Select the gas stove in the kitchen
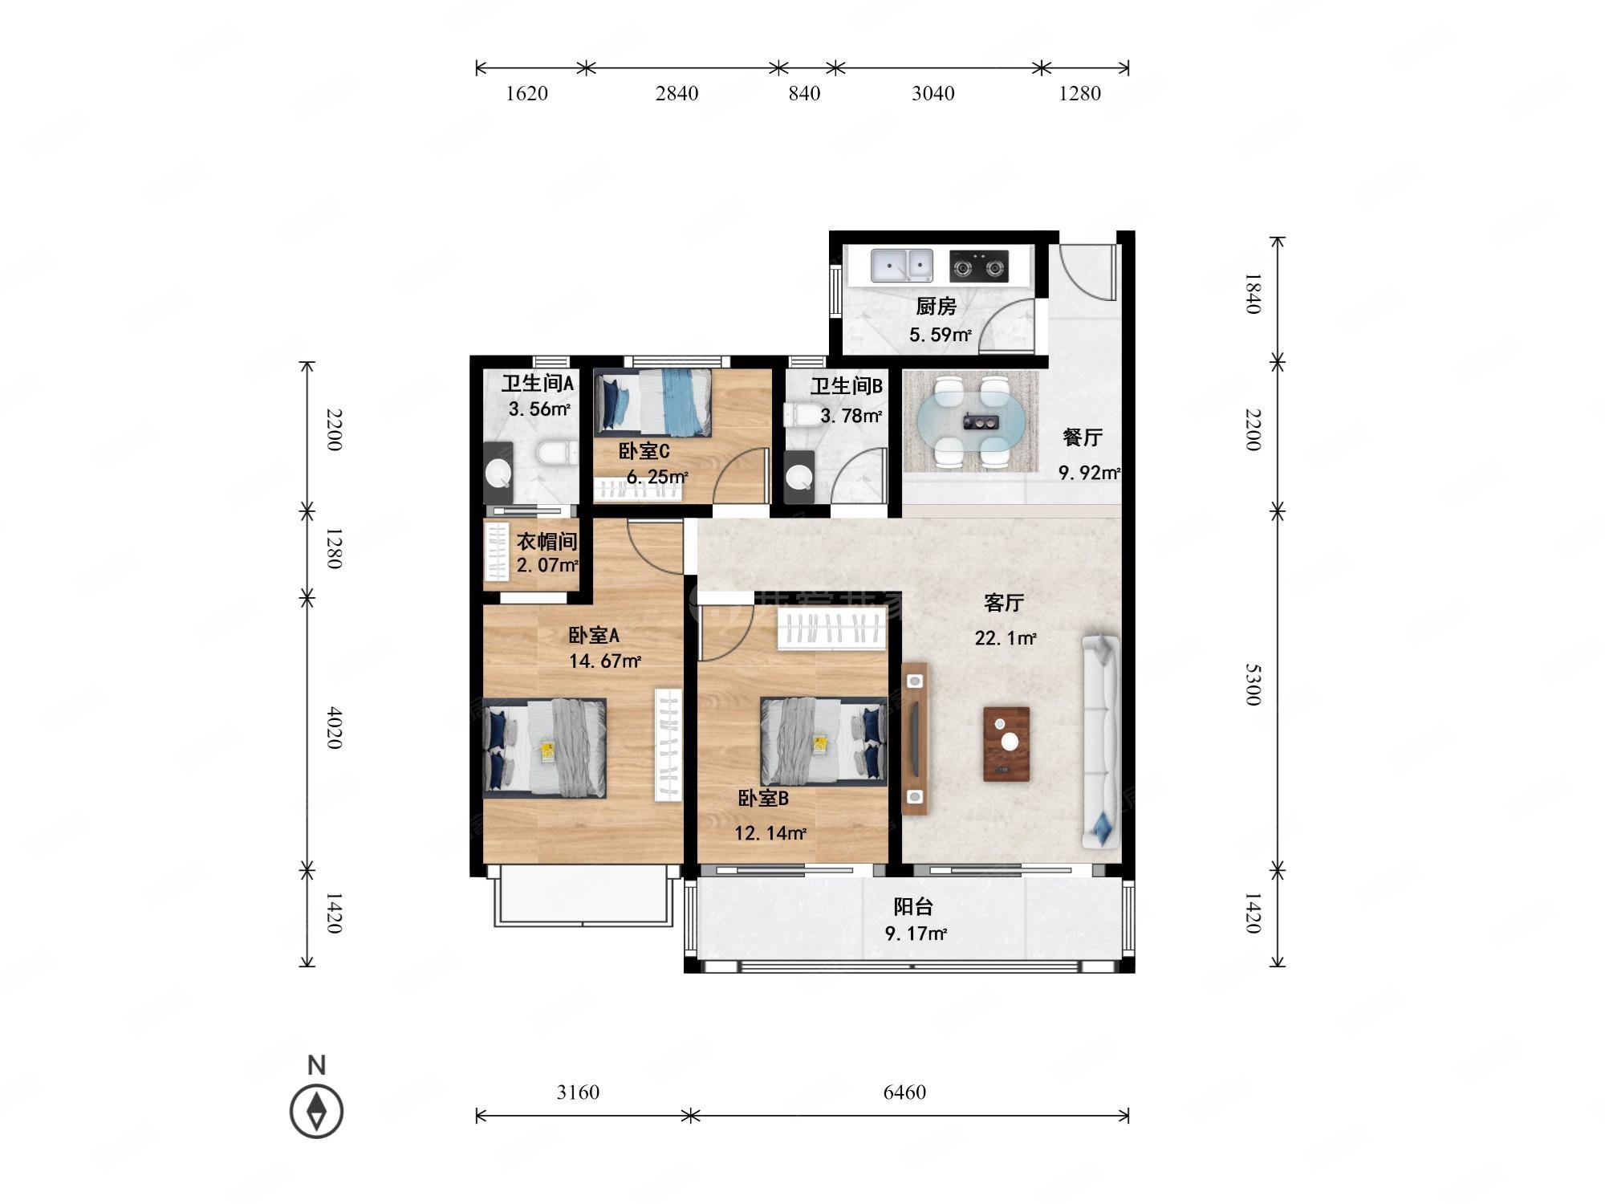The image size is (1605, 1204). coord(978,266)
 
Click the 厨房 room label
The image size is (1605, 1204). coord(936,307)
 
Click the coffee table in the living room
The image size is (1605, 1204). coord(1006,743)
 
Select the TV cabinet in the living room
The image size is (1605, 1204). coord(915,738)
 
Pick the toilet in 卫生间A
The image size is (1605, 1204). coord(557,454)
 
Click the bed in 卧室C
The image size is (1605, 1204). coord(653,402)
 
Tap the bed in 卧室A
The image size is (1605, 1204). coord(544,748)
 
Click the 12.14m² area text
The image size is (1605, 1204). coord(770,833)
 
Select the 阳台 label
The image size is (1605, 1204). coord(913,907)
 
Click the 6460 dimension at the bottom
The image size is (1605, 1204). coord(904,1092)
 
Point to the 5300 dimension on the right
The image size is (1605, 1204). coord(1253,684)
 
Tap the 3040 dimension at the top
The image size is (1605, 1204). coord(933,94)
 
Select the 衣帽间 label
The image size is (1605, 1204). coord(547,542)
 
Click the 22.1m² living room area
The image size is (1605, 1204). coord(1005,639)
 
